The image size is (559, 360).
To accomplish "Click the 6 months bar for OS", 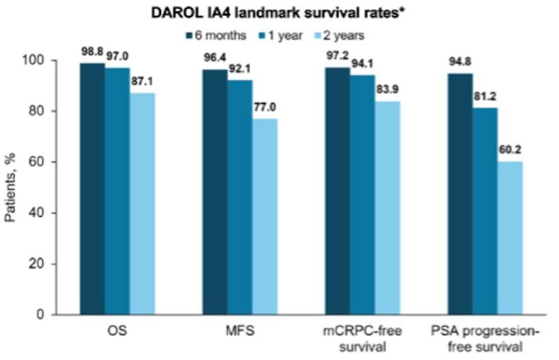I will [92, 189].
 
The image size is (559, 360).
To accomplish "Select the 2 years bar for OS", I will [143, 204].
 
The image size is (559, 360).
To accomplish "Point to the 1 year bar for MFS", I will [239, 197].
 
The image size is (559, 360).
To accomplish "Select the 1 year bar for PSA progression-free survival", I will [485, 211].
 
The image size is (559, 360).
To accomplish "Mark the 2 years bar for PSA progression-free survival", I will [511, 238].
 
